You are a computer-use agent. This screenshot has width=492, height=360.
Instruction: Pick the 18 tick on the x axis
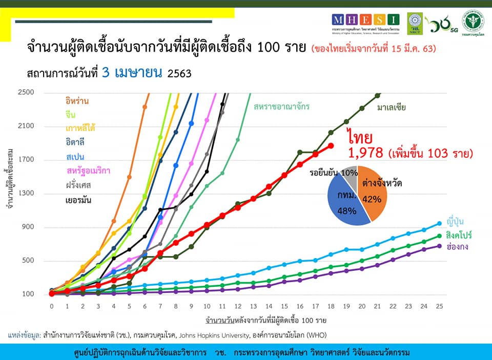click(331, 306)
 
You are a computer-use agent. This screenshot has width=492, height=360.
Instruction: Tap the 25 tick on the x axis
click(440, 306)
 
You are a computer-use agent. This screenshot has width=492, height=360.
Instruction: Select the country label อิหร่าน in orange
click(77, 101)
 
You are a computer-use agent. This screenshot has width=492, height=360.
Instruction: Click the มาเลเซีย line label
click(392, 108)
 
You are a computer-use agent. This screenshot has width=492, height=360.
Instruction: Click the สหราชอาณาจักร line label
click(281, 107)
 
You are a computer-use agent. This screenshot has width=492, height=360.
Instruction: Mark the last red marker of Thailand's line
click(331, 146)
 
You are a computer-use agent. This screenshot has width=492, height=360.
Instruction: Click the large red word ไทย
click(359, 137)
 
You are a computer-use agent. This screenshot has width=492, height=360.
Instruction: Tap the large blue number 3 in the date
click(106, 72)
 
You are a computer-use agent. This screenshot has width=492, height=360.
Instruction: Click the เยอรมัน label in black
click(78, 200)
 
